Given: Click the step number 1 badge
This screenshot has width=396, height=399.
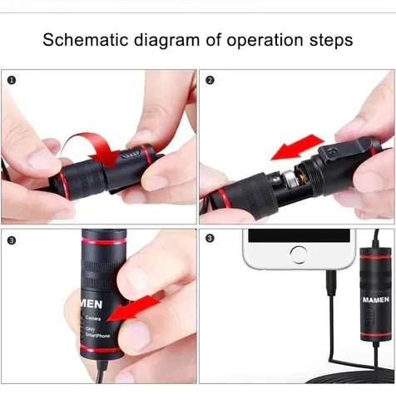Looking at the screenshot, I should (12, 81).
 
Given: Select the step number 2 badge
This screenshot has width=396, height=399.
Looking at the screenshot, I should (210, 81).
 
